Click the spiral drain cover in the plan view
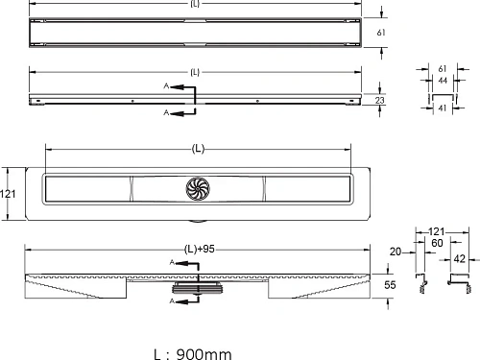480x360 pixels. coord(198,189)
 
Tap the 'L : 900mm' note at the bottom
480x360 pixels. coord(193,354)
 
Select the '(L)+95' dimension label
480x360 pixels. coord(200,249)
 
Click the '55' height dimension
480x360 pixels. coord(390,285)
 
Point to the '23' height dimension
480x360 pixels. coord(379,101)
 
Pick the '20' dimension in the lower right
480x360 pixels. coord(396,252)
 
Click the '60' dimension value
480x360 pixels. coord(437,243)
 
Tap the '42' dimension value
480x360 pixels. coord(460,258)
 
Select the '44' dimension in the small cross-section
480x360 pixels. coord(443,81)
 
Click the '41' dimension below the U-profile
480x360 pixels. coord(443,108)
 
